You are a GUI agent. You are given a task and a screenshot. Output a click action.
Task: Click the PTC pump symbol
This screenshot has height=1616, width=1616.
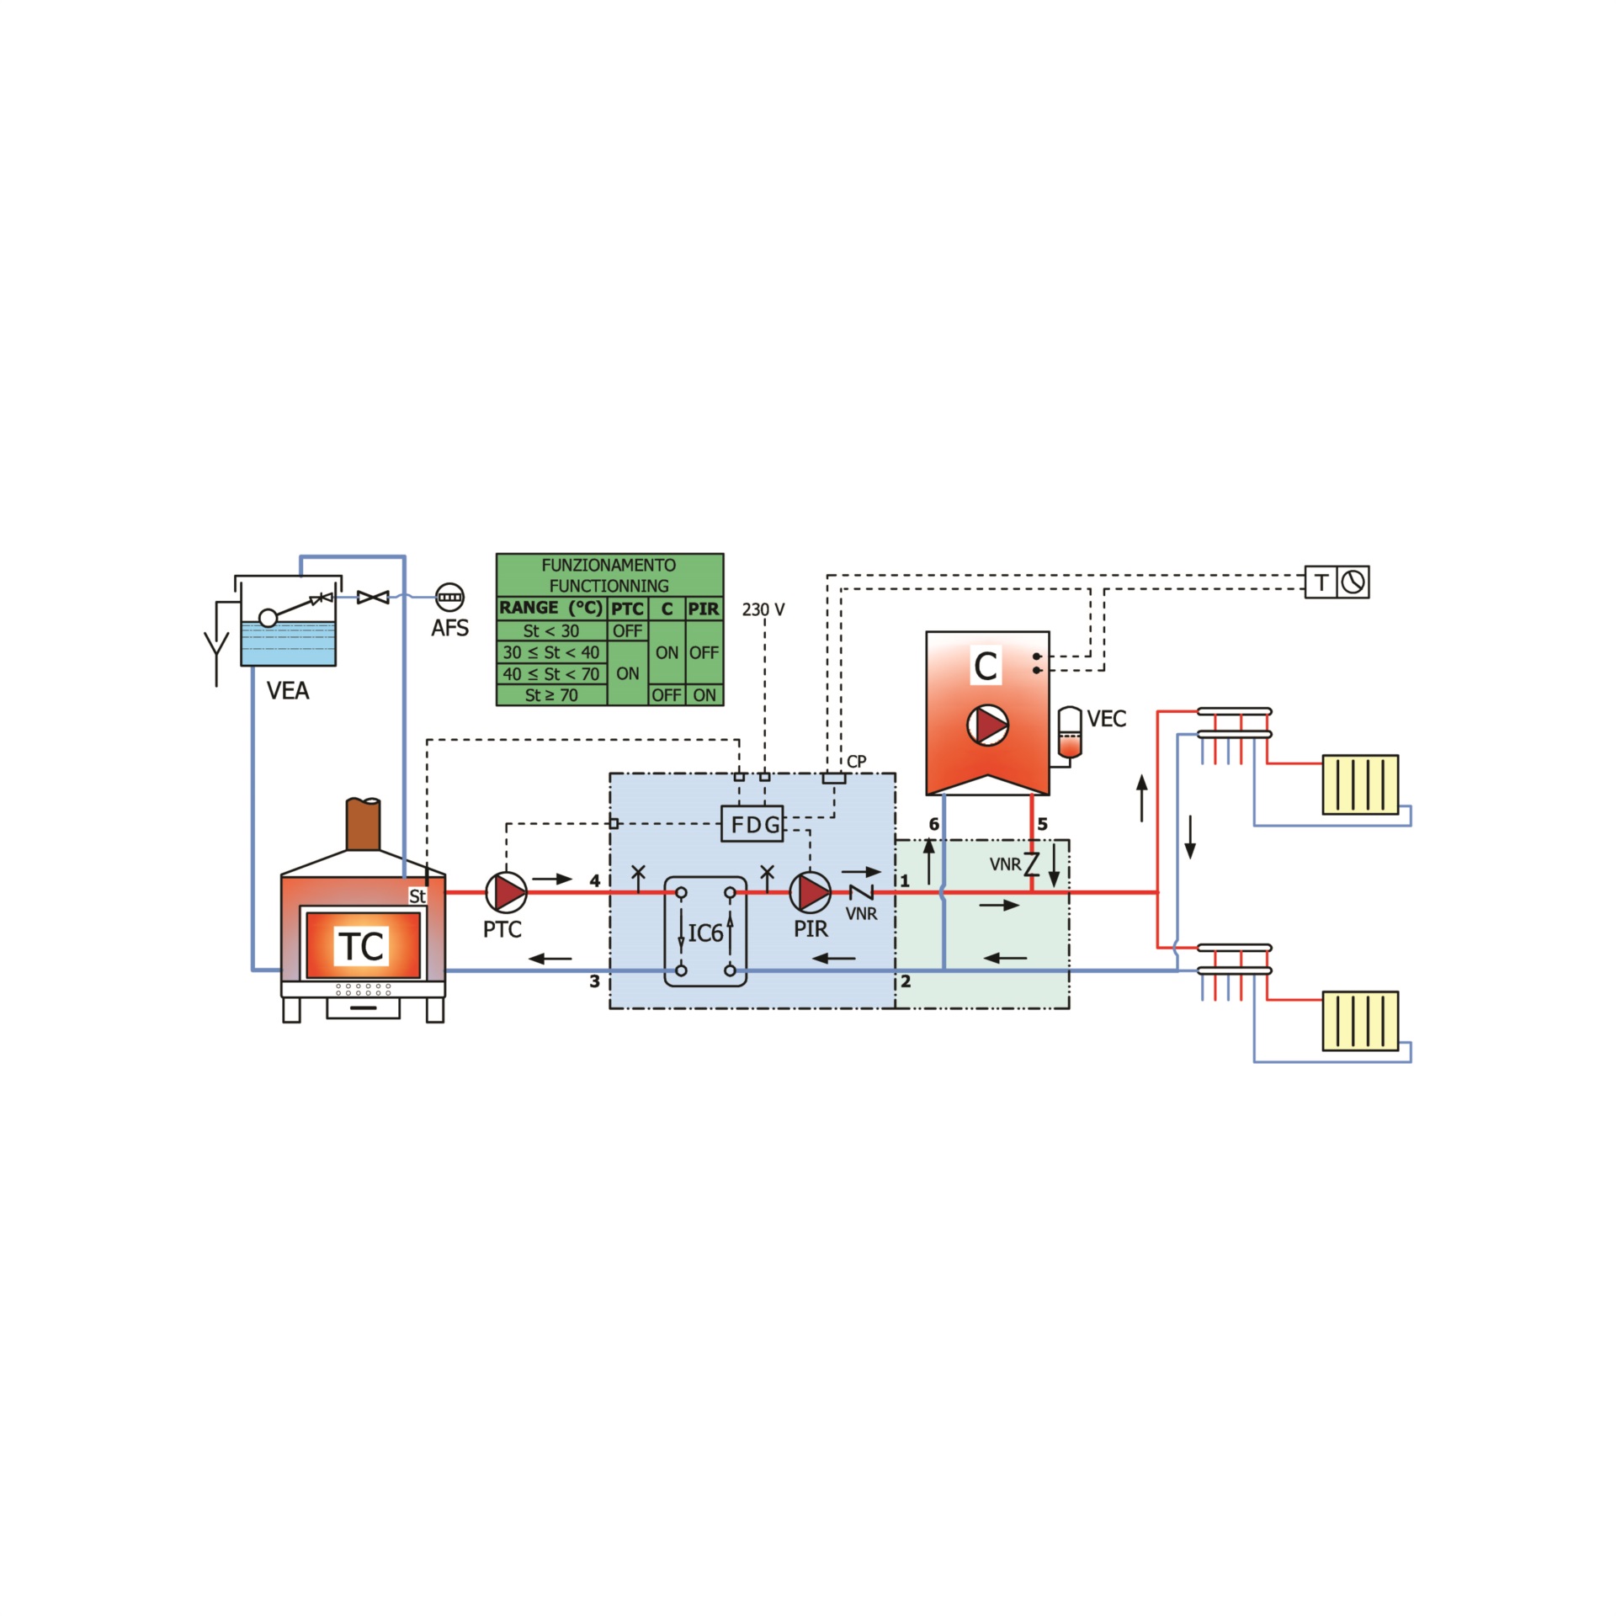[507, 892]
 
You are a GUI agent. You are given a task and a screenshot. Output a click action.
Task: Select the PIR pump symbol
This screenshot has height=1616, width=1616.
[811, 892]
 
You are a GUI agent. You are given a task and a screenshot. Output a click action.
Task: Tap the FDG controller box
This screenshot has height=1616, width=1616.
[752, 824]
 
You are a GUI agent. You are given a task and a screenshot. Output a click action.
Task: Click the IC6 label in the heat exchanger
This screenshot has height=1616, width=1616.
[705, 933]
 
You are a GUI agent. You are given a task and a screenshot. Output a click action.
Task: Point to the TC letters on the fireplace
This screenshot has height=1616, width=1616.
[362, 946]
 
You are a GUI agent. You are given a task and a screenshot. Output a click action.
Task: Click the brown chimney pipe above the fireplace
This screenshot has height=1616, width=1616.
[364, 824]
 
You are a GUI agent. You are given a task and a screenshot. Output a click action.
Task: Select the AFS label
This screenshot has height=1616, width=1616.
[449, 629]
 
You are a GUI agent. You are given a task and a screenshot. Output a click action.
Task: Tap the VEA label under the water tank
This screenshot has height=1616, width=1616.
[288, 691]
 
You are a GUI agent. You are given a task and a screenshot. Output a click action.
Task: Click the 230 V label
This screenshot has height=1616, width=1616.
[763, 609]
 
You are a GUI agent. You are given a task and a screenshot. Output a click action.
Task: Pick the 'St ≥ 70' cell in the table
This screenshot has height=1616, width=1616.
[551, 695]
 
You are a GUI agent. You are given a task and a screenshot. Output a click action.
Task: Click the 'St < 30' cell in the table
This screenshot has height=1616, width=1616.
[551, 630]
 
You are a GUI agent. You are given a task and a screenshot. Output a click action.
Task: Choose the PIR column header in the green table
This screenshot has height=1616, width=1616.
[704, 609]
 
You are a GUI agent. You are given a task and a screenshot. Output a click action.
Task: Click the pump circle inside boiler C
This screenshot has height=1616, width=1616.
[987, 726]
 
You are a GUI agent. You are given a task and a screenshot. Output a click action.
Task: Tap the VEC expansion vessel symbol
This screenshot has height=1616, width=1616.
[1069, 733]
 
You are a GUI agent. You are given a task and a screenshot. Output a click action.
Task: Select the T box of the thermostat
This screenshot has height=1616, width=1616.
[1321, 582]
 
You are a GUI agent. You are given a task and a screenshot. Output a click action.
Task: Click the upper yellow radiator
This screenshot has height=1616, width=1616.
[1360, 784]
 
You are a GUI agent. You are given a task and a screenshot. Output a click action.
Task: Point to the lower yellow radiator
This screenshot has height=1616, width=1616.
[1360, 1021]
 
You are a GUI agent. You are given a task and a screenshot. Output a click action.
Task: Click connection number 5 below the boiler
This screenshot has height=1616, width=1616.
[1043, 824]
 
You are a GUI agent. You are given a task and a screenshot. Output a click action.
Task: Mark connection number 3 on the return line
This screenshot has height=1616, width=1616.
[594, 981]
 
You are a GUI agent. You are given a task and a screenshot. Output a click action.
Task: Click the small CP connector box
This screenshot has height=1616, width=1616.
[833, 778]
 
